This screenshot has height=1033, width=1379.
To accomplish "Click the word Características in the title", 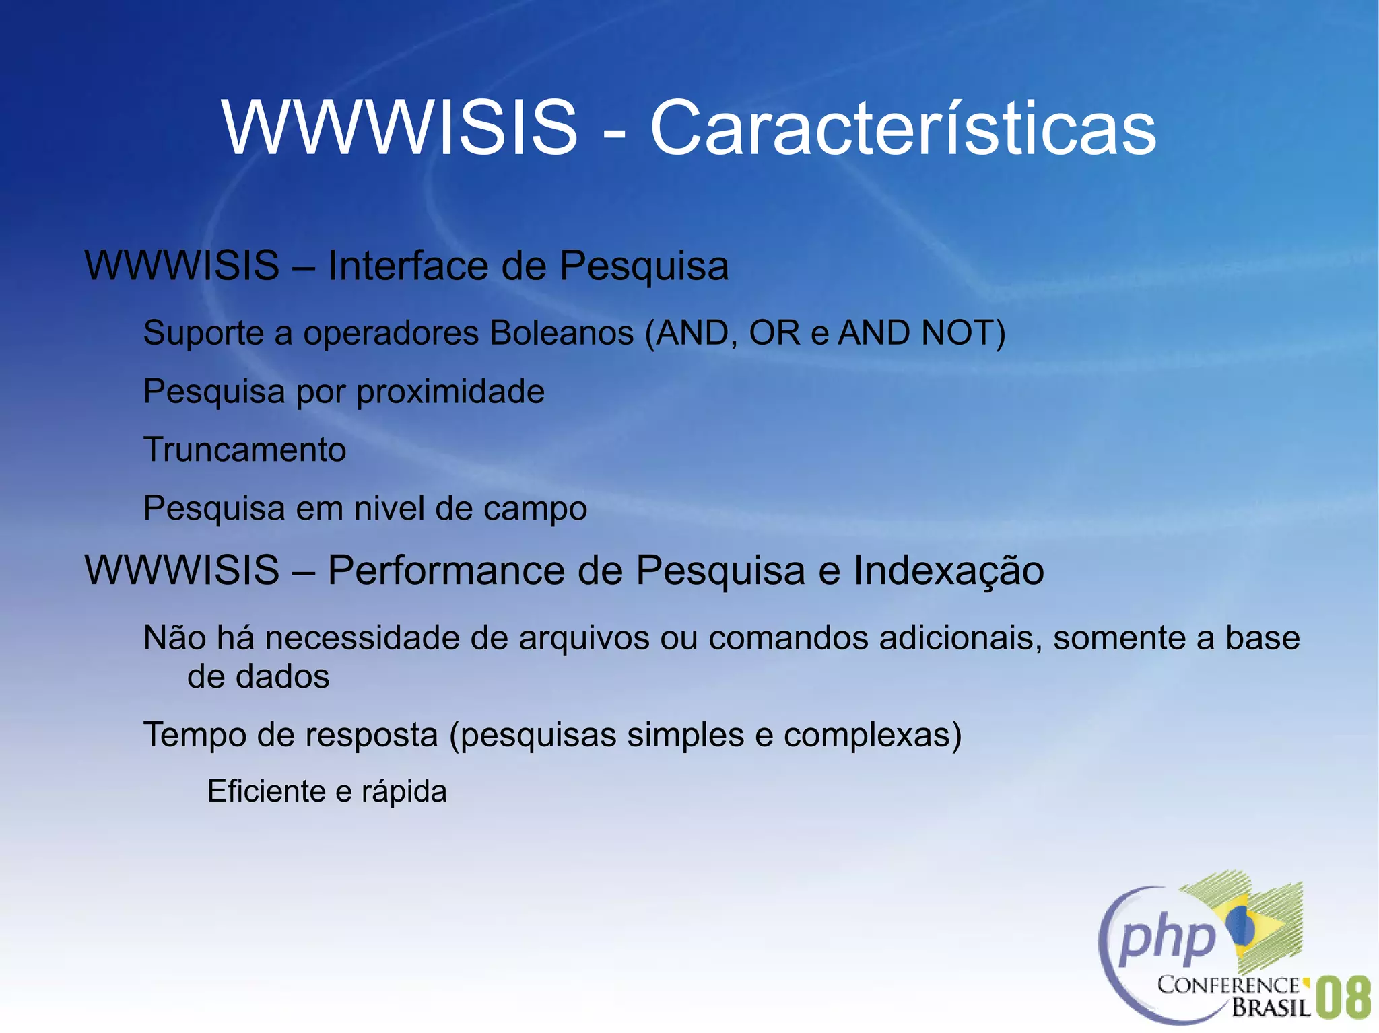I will click(902, 128).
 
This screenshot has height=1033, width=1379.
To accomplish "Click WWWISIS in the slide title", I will click(400, 128).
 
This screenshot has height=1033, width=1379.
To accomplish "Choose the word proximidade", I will click(450, 392).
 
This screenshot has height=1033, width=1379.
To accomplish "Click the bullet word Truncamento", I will click(245, 450).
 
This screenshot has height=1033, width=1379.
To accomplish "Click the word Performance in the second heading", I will click(446, 571).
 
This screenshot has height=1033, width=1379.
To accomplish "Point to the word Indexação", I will click(948, 571).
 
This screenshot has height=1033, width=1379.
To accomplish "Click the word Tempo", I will click(195, 735).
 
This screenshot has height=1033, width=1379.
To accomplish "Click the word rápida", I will click(404, 792).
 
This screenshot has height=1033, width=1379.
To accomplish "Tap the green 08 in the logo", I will click(1342, 998).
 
